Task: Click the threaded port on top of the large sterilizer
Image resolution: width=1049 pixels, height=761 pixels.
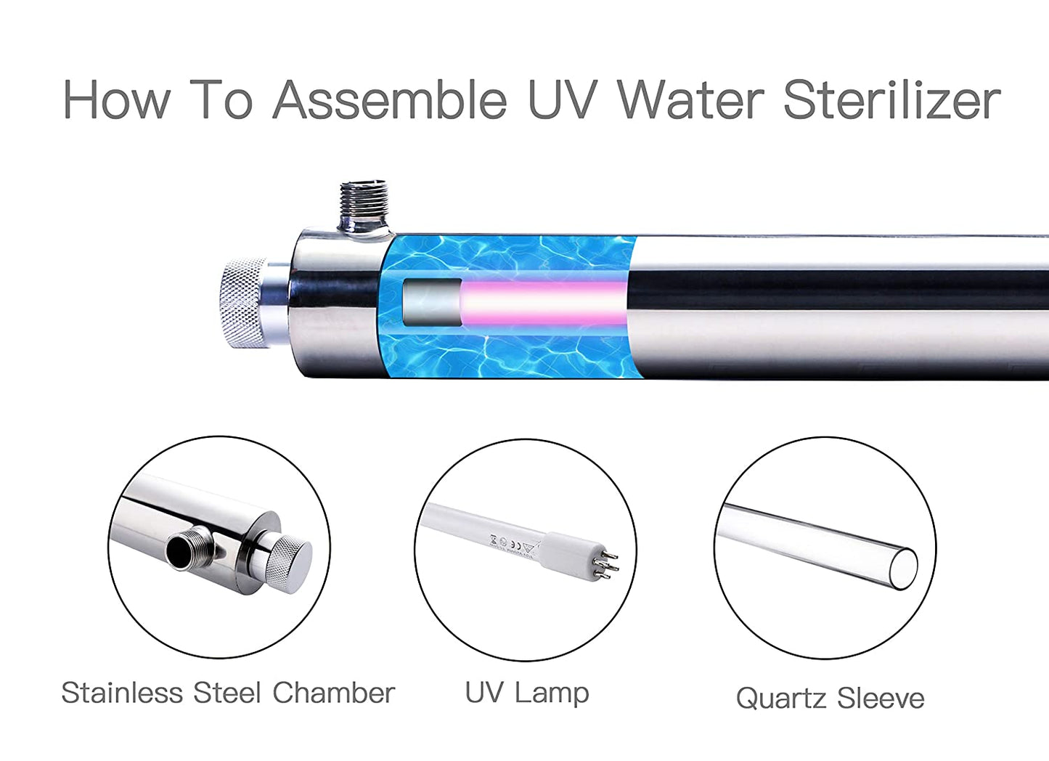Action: click(x=364, y=205)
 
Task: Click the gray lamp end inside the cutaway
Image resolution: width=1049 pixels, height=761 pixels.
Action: click(x=432, y=302)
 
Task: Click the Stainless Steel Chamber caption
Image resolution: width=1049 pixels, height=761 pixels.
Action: click(x=228, y=693)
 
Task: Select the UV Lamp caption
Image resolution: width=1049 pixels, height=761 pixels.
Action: click(x=527, y=693)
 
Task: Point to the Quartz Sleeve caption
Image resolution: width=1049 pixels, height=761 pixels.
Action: click(x=830, y=699)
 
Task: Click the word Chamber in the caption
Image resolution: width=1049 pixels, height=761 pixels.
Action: click(x=333, y=693)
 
